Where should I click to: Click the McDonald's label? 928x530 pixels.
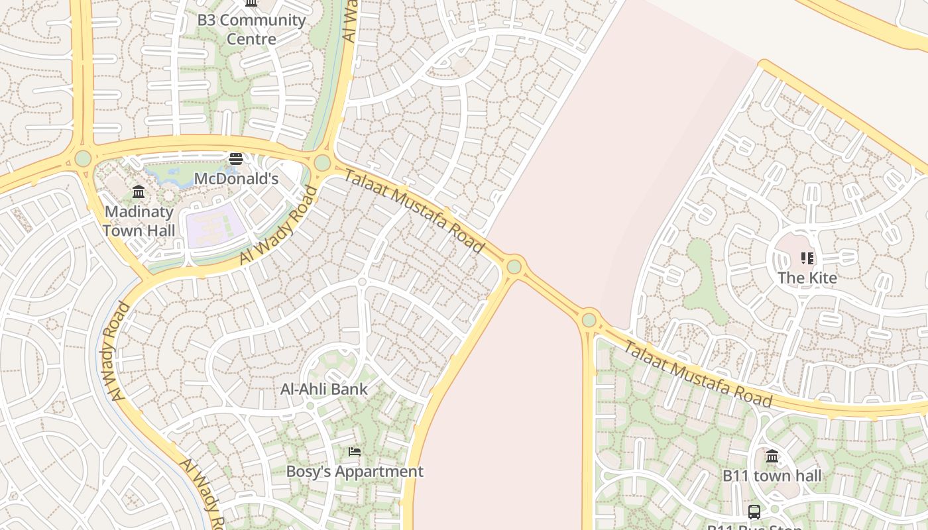[235, 179]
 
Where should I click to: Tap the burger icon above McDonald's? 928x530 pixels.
[236, 159]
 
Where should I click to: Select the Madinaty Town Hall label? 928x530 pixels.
[139, 221]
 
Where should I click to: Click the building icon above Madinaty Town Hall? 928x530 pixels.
[139, 192]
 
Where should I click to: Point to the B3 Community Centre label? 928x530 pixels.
[251, 29]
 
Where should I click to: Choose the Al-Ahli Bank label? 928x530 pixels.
[323, 389]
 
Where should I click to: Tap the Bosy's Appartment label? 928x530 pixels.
[354, 472]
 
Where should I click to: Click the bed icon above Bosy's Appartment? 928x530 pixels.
[355, 452]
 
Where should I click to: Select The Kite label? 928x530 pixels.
[807, 278]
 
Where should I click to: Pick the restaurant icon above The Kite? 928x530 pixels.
[807, 258]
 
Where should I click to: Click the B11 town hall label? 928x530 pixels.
[772, 476]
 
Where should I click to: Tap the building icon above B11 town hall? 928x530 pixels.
[772, 456]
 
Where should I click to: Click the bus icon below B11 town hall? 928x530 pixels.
[754, 511]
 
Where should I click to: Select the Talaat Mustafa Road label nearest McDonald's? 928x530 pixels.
[413, 210]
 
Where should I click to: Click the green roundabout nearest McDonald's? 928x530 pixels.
[322, 162]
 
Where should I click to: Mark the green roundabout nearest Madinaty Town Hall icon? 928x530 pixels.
[83, 159]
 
